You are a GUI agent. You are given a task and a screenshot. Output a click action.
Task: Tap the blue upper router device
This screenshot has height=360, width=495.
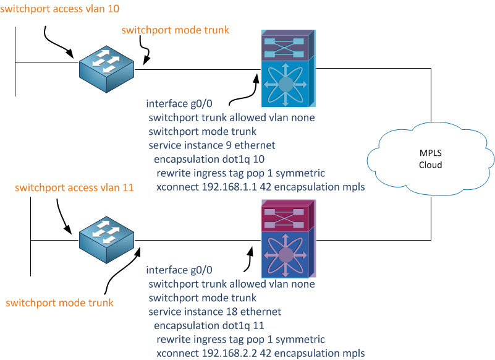285,69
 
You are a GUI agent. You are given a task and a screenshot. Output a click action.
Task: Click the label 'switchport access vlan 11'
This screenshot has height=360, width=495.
74,187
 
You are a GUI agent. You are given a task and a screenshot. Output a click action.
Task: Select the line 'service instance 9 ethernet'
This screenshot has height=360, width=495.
211,145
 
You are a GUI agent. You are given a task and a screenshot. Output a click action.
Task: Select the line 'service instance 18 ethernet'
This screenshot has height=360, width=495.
214,312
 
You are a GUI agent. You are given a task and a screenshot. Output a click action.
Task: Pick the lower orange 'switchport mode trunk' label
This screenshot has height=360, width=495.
59,302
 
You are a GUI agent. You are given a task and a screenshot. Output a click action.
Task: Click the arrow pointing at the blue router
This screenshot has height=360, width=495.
243,92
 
